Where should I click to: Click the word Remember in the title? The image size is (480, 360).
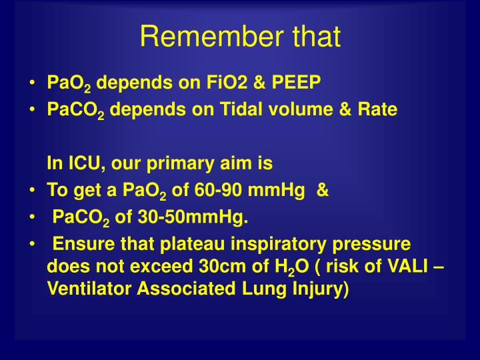pos(202,37)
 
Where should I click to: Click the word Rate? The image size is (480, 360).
pos(378,109)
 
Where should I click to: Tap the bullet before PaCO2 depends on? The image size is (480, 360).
pos(33,109)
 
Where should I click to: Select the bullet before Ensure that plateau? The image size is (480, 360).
pos(33,245)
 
